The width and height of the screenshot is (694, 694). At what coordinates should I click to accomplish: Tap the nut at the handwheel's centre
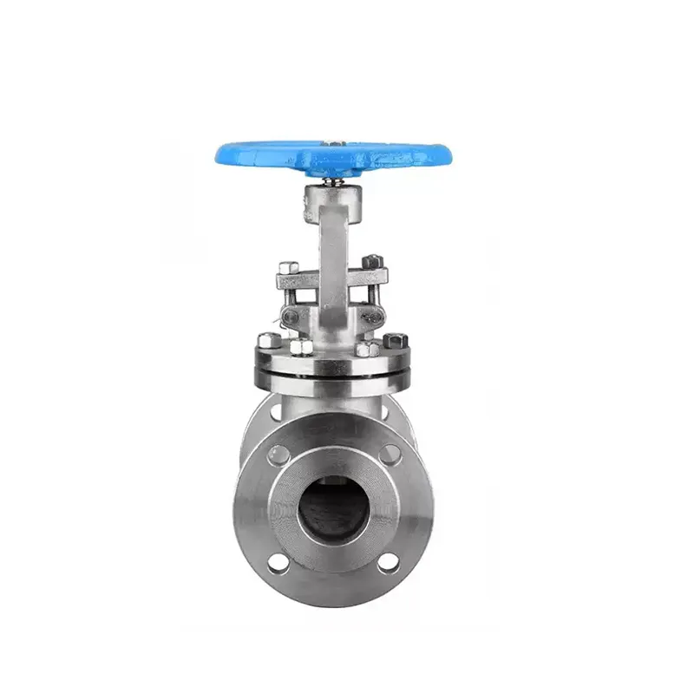click(x=333, y=141)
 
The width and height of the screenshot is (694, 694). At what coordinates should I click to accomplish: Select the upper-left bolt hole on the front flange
click(x=280, y=453)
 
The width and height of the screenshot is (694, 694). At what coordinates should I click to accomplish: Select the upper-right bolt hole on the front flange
click(x=391, y=452)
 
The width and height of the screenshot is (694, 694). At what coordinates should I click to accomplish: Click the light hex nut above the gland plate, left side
click(x=289, y=267)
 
